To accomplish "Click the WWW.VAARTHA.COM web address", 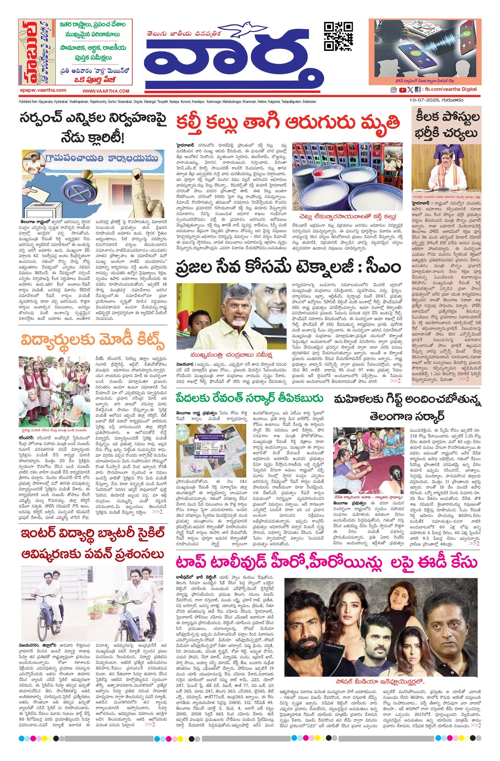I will click(106, 91).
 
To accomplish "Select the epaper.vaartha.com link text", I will click(42, 91).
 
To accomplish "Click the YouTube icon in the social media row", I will click(402, 90).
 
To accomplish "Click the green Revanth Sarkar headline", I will click(249, 398).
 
